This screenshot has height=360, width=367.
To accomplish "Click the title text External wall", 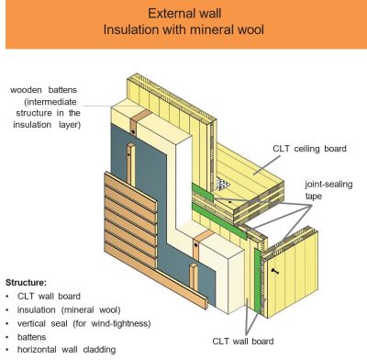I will point(183,14).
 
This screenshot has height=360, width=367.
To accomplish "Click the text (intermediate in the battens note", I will point(54,103).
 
